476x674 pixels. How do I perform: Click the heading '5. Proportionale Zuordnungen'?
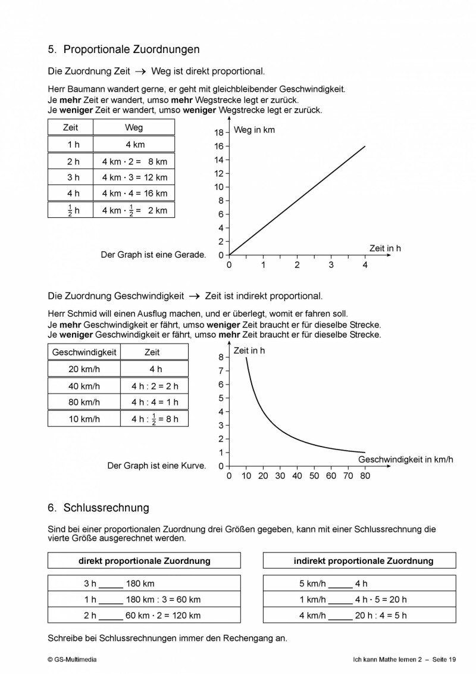(x=123, y=49)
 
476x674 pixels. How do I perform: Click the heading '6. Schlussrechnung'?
(x=98, y=508)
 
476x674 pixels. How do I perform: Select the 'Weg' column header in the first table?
(x=134, y=127)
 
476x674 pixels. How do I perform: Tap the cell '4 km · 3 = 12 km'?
(x=134, y=177)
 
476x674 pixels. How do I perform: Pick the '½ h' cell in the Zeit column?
(x=70, y=210)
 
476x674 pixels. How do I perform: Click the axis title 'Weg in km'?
(x=254, y=130)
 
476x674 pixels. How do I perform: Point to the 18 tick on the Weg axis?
(x=219, y=133)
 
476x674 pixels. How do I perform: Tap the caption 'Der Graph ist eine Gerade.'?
(x=154, y=255)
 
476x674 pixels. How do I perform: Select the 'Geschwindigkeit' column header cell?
(x=84, y=352)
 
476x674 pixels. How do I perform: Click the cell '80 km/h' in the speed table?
(x=84, y=402)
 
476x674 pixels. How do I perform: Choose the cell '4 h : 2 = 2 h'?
(x=154, y=386)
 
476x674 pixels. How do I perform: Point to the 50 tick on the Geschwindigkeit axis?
(x=314, y=476)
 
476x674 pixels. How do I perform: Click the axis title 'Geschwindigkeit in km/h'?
(x=405, y=460)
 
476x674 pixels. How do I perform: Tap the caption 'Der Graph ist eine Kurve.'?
(x=156, y=466)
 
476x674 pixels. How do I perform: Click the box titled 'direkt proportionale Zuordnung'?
(x=144, y=561)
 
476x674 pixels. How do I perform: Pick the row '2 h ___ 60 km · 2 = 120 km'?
(x=144, y=616)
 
